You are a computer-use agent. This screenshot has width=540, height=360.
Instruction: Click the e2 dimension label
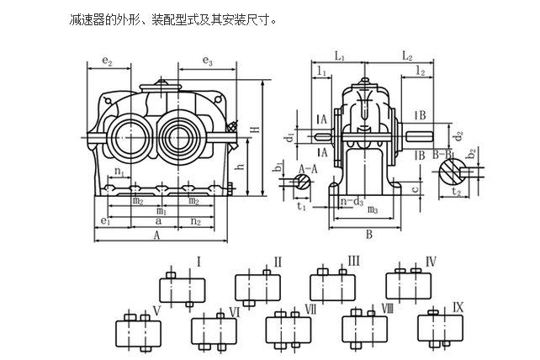click(107, 62)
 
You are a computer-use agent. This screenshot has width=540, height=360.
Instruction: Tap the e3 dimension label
click(207, 62)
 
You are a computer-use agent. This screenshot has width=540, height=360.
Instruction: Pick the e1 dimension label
click(105, 220)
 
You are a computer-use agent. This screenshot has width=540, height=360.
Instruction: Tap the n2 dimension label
click(195, 220)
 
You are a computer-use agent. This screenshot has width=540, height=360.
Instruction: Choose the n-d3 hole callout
click(352, 201)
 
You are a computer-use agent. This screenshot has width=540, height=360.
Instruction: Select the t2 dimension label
click(456, 192)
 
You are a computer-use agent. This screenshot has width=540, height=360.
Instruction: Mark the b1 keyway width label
click(278, 169)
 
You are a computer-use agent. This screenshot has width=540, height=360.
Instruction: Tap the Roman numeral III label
click(353, 262)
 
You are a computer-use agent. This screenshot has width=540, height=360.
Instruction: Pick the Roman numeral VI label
click(236, 312)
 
